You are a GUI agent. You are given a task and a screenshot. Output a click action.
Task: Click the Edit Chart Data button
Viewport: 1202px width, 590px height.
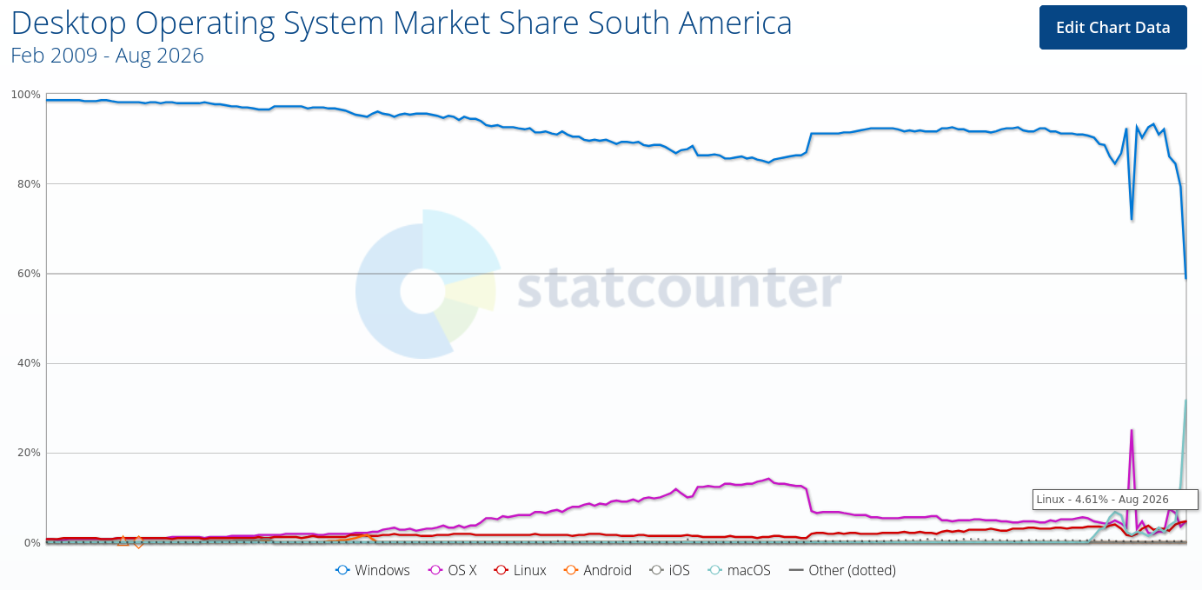(x=1113, y=27)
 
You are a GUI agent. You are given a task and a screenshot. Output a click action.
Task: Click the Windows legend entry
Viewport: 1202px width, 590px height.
(x=372, y=570)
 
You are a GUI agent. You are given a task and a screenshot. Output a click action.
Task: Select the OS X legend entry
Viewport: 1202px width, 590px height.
(x=452, y=570)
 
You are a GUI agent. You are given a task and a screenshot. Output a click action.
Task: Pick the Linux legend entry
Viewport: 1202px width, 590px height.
(x=520, y=570)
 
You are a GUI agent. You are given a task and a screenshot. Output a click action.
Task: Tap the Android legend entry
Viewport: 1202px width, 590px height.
(x=598, y=570)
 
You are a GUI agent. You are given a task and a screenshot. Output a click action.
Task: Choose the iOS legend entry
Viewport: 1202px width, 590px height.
(x=669, y=570)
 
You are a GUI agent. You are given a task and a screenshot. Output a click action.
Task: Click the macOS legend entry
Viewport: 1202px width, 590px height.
(x=739, y=570)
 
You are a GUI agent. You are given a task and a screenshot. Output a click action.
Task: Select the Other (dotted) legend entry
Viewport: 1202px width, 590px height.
(x=842, y=570)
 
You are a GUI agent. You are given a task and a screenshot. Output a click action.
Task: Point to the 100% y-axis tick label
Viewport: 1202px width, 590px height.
(x=26, y=95)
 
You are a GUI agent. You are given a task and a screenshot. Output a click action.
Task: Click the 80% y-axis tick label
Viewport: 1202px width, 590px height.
(x=29, y=184)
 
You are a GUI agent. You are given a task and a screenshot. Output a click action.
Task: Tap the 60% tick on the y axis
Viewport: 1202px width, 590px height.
(x=29, y=274)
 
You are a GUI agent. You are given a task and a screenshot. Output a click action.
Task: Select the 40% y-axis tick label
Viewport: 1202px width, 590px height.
(x=29, y=364)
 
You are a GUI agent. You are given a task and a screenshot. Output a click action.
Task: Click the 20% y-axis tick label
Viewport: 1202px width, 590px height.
(x=29, y=454)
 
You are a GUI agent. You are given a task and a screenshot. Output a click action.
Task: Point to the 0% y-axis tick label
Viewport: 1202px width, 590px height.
(x=31, y=543)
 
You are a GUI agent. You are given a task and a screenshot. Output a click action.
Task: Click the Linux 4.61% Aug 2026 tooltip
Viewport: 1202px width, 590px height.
(x=1115, y=500)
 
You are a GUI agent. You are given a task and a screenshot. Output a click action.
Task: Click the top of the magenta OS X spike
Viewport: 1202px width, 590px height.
(x=1132, y=430)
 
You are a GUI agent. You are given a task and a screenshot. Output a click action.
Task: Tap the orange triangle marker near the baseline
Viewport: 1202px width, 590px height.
(x=123, y=540)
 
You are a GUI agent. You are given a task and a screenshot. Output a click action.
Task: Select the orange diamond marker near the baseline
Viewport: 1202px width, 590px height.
(x=138, y=542)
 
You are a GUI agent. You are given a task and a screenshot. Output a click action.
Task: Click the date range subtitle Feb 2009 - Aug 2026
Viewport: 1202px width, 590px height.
(x=107, y=56)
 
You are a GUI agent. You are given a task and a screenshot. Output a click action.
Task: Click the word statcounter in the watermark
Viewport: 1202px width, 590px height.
(x=680, y=287)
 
